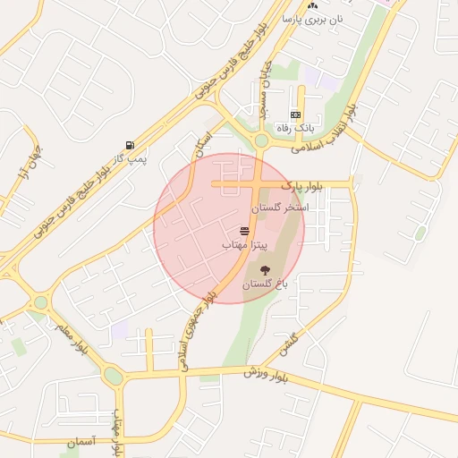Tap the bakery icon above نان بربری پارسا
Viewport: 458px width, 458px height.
(x=311, y=4)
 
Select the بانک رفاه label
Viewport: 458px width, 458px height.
(x=296, y=128)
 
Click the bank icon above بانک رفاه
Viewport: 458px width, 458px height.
(x=295, y=114)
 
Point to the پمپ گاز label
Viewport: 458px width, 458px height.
(x=132, y=158)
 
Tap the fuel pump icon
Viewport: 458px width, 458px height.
(x=131, y=145)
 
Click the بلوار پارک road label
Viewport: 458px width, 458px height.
(x=300, y=185)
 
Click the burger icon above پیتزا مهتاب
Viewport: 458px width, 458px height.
(x=244, y=231)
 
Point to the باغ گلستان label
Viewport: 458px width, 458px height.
(x=264, y=284)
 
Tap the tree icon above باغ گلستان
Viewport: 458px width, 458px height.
(x=265, y=269)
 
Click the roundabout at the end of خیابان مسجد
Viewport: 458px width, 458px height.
(x=261, y=140)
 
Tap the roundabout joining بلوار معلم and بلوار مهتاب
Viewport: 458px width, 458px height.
(x=113, y=376)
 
